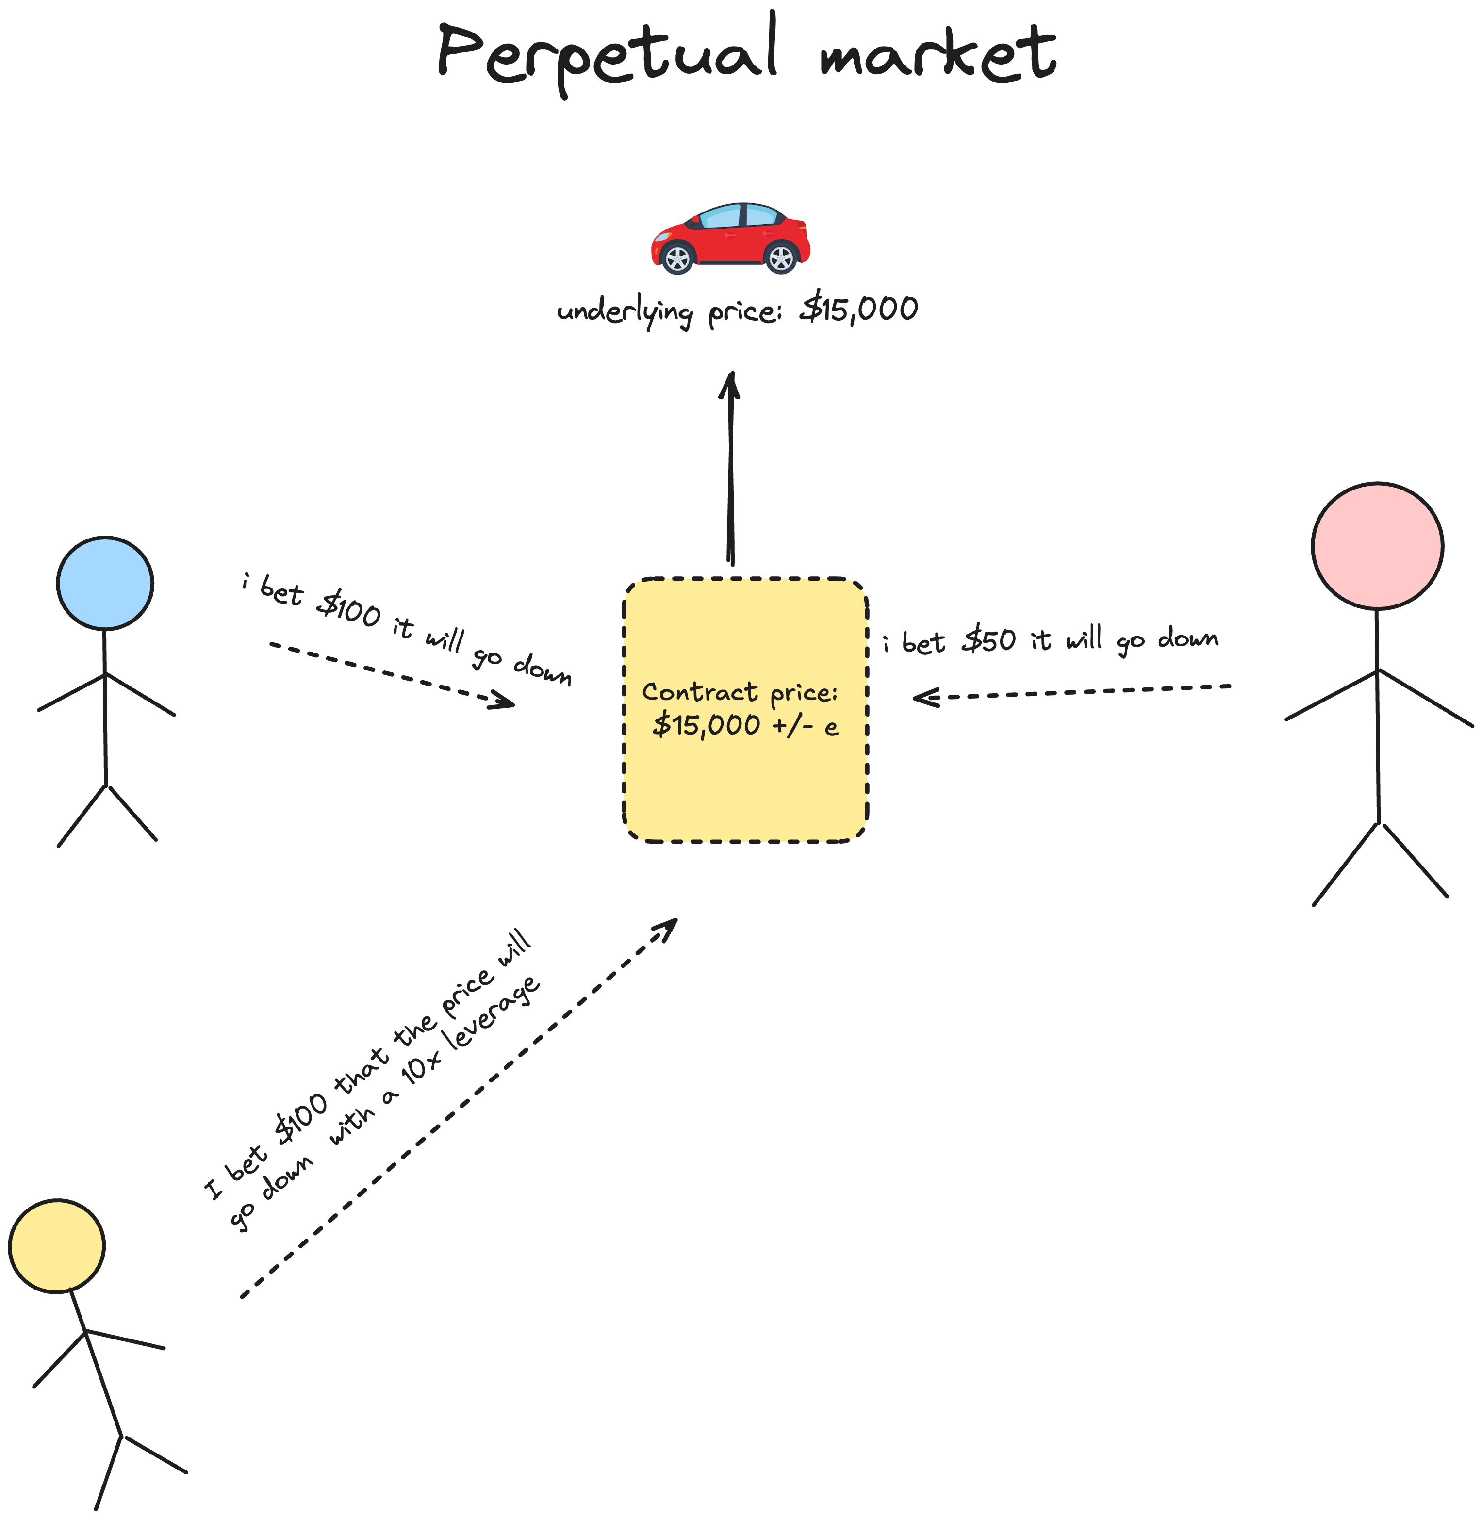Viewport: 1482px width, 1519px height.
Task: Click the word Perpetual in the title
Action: click(607, 54)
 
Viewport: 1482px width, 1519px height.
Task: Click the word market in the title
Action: click(938, 54)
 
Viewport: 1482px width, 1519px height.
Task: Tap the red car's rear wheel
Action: click(781, 258)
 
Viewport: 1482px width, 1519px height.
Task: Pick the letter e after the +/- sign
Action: click(831, 728)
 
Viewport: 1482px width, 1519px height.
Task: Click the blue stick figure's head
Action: click(105, 583)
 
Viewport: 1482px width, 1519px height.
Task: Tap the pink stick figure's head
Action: click(1377, 545)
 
